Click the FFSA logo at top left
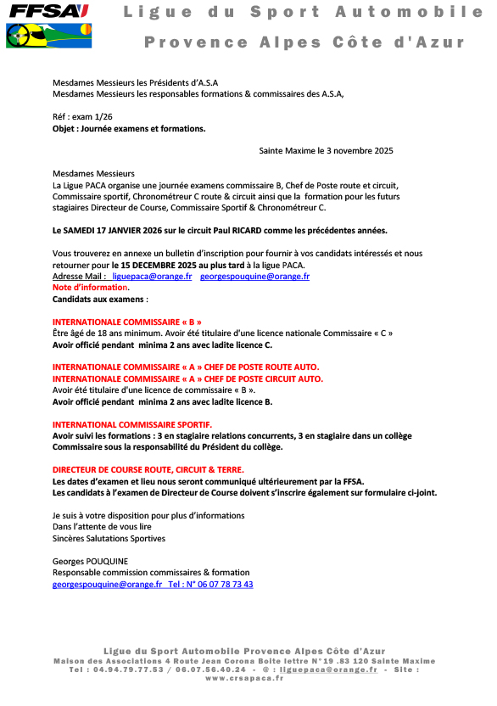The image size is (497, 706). pyautogui.click(x=47, y=11)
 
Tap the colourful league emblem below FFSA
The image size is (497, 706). pyautogui.click(x=47, y=35)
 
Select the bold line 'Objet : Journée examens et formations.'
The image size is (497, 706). pyautogui.click(x=129, y=129)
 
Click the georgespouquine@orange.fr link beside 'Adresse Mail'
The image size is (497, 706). pyautogui.click(x=254, y=276)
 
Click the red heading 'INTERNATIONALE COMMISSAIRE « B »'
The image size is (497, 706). pyautogui.click(x=127, y=322)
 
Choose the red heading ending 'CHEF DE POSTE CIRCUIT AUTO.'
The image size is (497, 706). pyautogui.click(x=187, y=378)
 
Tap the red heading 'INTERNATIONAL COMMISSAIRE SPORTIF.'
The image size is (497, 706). pyautogui.click(x=132, y=423)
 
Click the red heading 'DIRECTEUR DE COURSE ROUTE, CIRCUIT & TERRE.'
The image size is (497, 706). pyautogui.click(x=148, y=469)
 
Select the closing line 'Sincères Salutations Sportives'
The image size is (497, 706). pyautogui.click(x=109, y=538)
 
